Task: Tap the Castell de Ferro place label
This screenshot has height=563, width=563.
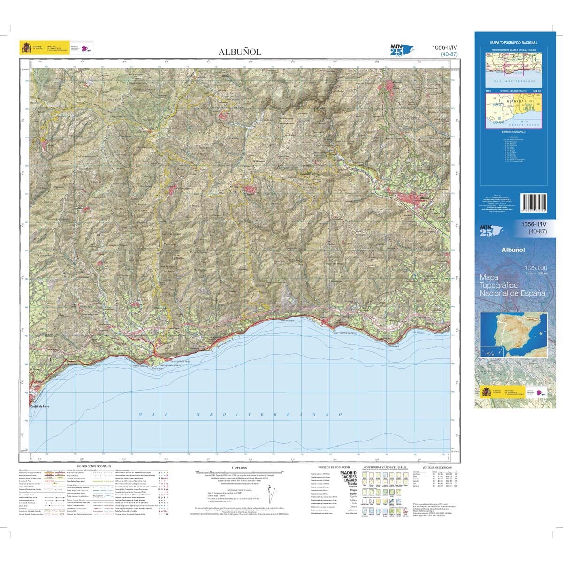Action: [x=39, y=406]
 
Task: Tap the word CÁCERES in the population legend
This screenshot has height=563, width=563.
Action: [x=349, y=477]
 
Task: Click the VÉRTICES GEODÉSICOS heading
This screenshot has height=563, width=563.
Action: [x=436, y=468]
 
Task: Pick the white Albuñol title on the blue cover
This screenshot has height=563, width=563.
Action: [x=513, y=250]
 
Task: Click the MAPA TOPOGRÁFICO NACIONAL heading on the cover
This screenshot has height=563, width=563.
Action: [x=513, y=43]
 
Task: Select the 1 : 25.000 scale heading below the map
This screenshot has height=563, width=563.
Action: [x=239, y=468]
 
